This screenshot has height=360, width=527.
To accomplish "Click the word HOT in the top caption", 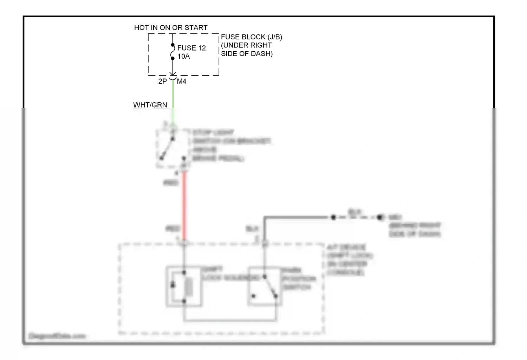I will [x=141, y=28].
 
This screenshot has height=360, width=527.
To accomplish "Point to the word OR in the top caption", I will [x=177, y=28].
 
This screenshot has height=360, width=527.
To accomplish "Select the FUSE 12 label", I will [x=191, y=48].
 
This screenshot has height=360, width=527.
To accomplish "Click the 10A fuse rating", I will [x=183, y=57].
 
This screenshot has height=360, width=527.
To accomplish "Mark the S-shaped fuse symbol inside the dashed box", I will [x=173, y=52].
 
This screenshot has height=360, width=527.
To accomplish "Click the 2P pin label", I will [x=162, y=82].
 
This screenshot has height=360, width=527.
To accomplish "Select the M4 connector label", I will [x=182, y=82].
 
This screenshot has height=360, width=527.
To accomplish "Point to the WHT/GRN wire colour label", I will [x=150, y=105].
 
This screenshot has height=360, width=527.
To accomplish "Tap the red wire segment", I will [x=184, y=204].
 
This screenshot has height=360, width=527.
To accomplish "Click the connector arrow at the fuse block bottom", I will [x=173, y=75].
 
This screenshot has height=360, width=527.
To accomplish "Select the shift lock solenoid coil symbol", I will [x=189, y=287].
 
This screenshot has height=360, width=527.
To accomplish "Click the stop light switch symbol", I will [x=167, y=148].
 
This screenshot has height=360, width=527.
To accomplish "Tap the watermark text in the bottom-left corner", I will [x=57, y=336].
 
